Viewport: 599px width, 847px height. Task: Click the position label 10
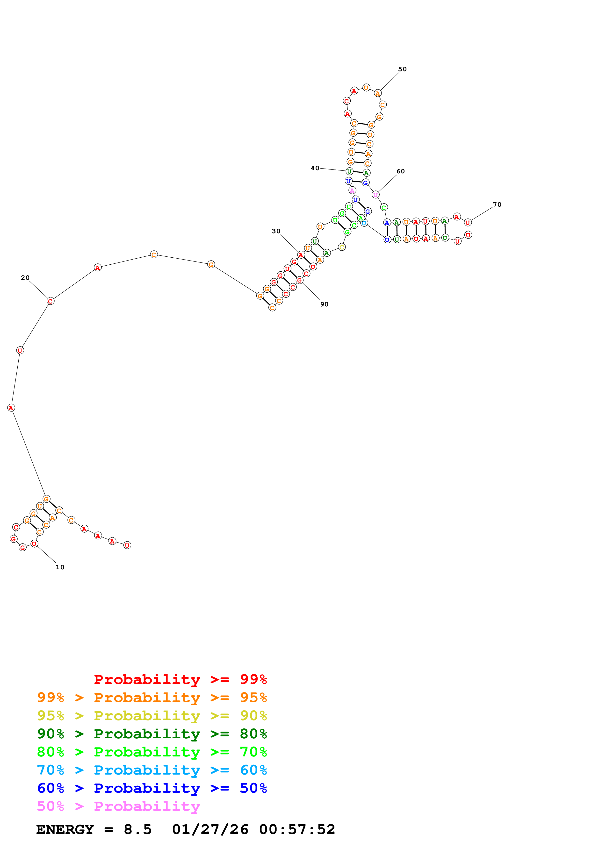(60, 567)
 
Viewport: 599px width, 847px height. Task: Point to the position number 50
(402, 69)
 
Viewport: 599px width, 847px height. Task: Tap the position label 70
(497, 204)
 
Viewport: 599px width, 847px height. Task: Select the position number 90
(324, 304)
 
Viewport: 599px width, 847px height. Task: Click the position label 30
(276, 231)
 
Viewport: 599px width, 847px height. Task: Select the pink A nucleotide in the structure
(352, 190)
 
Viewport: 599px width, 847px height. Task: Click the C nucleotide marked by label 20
(51, 301)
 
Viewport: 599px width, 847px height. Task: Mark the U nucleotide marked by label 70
(468, 222)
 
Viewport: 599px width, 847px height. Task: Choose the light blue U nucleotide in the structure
(364, 223)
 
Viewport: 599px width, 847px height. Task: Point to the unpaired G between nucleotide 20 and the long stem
(211, 264)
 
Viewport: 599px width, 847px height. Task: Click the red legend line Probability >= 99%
(180, 679)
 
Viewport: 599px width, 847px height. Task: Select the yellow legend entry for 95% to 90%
(152, 715)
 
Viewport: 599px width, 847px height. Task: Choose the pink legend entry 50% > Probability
(118, 806)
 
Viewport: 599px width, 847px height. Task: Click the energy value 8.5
(137, 829)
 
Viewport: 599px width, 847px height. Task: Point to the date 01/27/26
(210, 829)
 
